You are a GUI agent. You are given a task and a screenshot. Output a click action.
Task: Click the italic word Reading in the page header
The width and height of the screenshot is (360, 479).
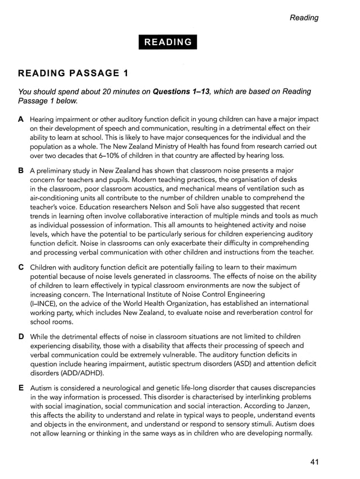(304, 17)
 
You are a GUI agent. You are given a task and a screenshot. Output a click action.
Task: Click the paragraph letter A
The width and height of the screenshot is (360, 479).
(21, 119)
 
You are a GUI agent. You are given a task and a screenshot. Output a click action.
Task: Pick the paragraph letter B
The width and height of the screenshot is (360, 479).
(21, 170)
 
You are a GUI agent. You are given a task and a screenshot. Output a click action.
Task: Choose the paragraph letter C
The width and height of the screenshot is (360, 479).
(21, 266)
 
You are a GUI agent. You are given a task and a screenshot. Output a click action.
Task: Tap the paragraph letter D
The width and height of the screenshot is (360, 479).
(21, 336)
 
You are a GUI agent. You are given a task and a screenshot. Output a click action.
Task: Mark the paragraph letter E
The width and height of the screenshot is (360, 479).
(21, 388)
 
